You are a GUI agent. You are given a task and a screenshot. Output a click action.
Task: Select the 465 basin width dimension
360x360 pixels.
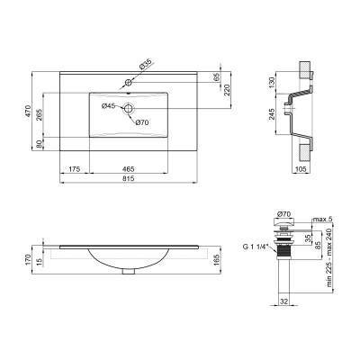130,169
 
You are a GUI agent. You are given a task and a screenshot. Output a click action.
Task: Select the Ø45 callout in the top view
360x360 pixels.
107,107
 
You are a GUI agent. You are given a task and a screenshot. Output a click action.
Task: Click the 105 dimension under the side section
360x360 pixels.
300,168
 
